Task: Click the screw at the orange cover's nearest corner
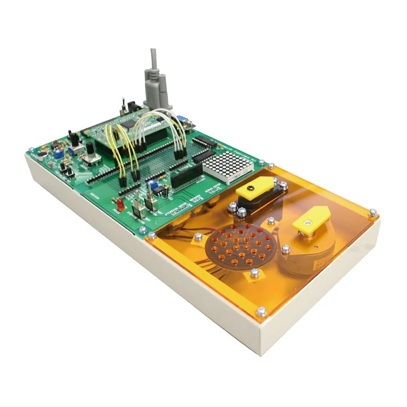pyautogui.click(x=261, y=312)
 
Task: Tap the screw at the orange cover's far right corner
pyautogui.click(x=372, y=212)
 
